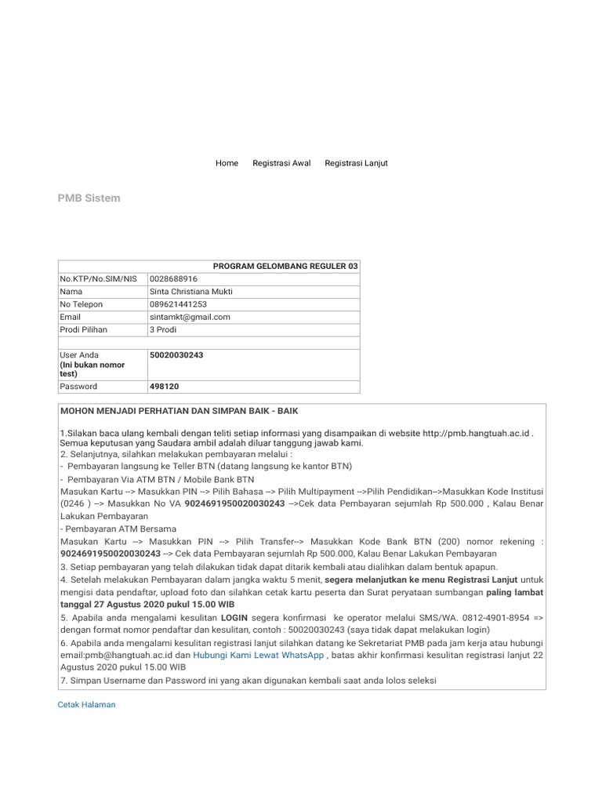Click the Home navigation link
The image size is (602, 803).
point(227,163)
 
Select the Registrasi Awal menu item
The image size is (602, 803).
point(281,163)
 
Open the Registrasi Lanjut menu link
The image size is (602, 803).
point(356,163)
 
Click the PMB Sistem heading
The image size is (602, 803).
point(89,198)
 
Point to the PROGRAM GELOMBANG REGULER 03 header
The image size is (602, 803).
point(285,267)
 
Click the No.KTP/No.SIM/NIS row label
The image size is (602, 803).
point(92,279)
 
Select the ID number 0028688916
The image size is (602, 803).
point(173,279)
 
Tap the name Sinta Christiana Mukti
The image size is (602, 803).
point(190,292)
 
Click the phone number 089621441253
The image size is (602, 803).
point(178,304)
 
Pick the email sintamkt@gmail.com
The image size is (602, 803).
point(190,317)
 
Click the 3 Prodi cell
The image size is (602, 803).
point(162,329)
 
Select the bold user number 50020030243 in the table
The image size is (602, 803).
point(176,355)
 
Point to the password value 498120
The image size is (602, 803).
point(164,387)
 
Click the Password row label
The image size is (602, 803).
point(78,387)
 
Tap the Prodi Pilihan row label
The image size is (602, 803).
point(83,329)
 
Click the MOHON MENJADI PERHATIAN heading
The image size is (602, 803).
point(179,411)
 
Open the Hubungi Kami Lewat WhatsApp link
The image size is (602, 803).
point(258,656)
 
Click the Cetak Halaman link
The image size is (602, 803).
point(86,704)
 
